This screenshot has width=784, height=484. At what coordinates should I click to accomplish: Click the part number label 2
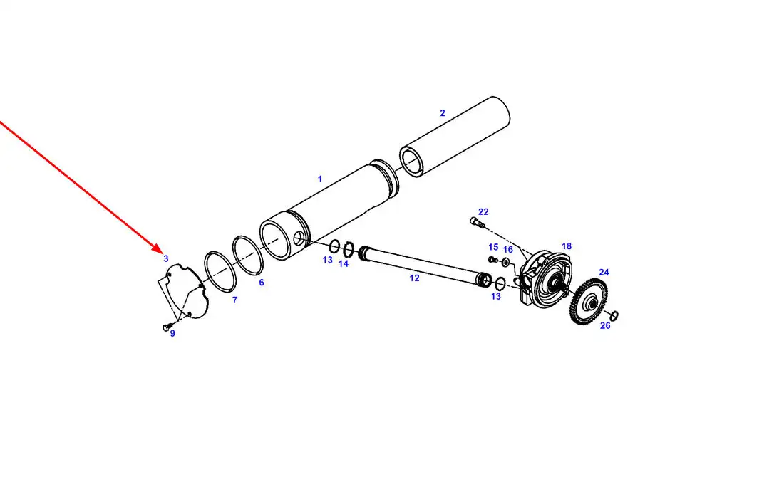pyautogui.click(x=442, y=113)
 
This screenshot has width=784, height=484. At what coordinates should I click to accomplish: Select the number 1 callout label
pyautogui.click(x=320, y=179)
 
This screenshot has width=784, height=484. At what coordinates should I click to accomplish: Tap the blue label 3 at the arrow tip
pyautogui.click(x=166, y=259)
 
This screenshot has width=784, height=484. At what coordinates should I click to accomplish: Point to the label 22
pyautogui.click(x=483, y=212)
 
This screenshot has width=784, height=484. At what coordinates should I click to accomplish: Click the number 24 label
pyautogui.click(x=604, y=272)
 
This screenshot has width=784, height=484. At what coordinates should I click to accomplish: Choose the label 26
pyautogui.click(x=605, y=326)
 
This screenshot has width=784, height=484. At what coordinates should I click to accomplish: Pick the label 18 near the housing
pyautogui.click(x=567, y=246)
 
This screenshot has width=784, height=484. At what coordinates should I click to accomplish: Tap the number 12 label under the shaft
pyautogui.click(x=415, y=278)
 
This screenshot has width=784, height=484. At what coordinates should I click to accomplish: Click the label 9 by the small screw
pyautogui.click(x=172, y=334)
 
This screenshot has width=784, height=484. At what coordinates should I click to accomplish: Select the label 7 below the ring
pyautogui.click(x=234, y=300)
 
